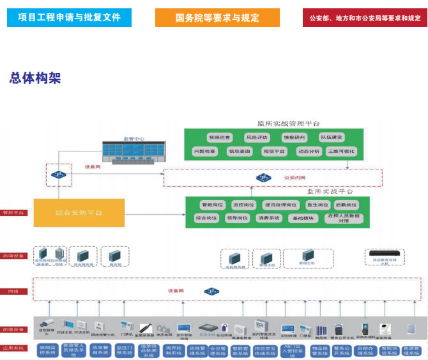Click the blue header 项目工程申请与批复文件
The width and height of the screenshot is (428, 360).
(69, 17)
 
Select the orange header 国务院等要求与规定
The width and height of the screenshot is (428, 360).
(217, 17)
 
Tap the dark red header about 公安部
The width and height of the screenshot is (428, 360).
(365, 17)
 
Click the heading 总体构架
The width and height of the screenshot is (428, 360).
(35, 78)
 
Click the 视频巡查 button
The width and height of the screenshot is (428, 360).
(218, 137)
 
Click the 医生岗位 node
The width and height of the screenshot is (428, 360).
(317, 205)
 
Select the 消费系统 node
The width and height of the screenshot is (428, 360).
(268, 218)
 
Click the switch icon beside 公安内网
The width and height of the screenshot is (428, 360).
(263, 177)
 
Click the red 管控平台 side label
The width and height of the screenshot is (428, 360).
(14, 212)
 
